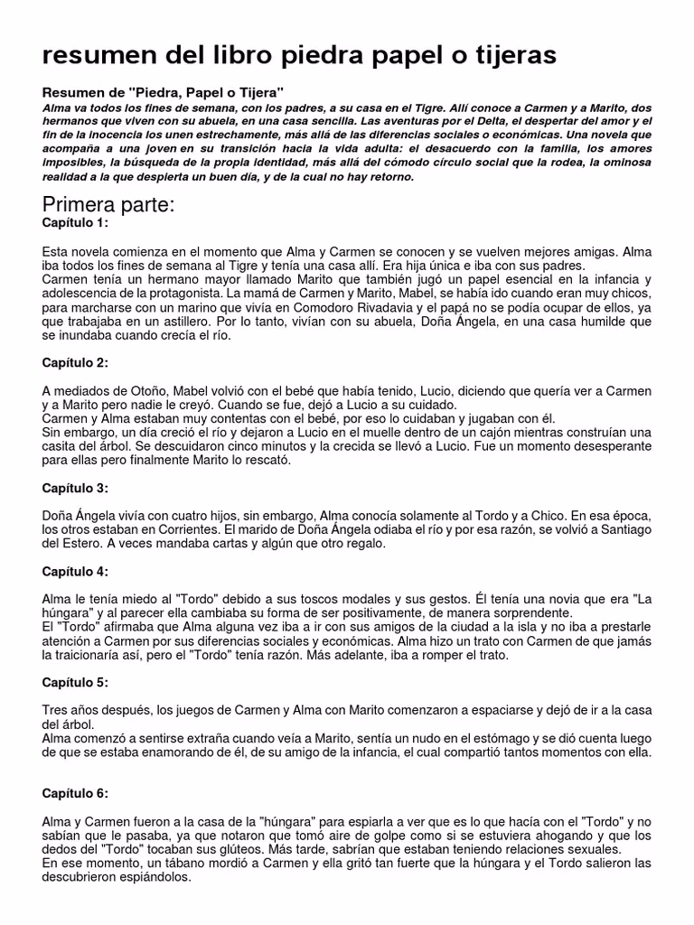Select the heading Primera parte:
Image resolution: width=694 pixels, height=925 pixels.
coord(108,204)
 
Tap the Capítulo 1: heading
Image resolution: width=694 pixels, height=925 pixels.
coord(75,223)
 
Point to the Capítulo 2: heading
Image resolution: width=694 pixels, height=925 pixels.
coord(75,362)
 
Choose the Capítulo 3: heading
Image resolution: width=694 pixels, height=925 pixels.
coord(75,488)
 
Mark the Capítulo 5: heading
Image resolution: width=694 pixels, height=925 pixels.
coord(75,682)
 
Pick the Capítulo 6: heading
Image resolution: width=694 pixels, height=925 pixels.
coord(75,793)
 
